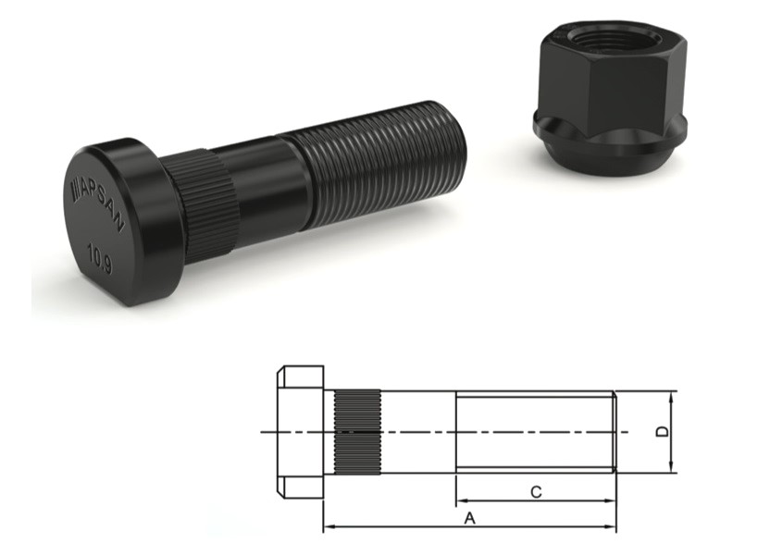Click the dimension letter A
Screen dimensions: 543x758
tap(469, 518)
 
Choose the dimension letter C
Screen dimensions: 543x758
tap(536, 492)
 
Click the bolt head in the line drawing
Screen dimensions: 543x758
tap(299, 431)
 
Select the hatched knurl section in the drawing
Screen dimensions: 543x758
tap(356, 431)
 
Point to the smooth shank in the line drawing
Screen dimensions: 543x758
tap(416, 431)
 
